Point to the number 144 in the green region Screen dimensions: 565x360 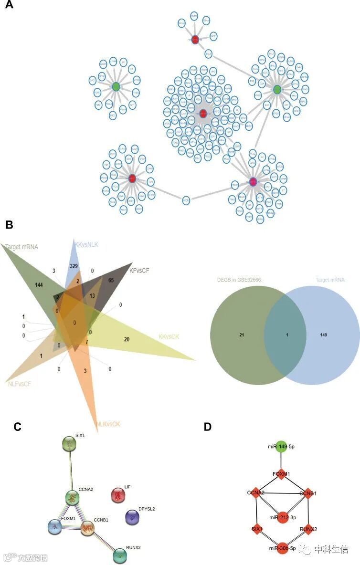point(42,284)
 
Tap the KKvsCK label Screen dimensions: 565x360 point(170,336)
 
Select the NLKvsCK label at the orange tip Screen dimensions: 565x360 point(108,424)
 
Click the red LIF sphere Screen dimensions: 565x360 point(117,495)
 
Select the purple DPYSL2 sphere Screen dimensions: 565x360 point(132,517)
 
